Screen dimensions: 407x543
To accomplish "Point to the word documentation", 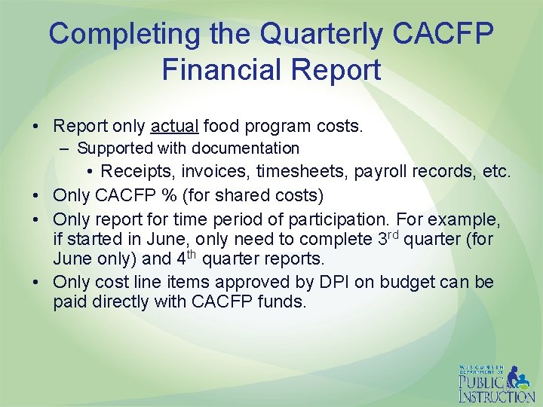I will tap(253, 148).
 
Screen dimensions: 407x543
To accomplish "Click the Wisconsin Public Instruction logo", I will tap(496, 384).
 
